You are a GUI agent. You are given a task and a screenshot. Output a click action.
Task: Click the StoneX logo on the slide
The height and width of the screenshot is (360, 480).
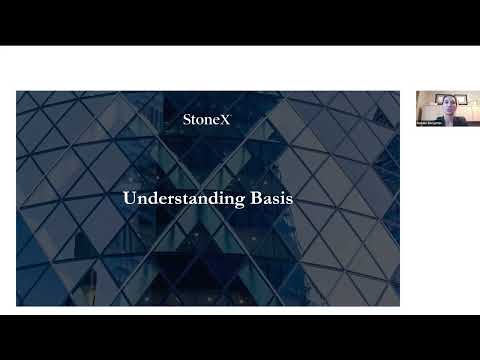tap(208, 119)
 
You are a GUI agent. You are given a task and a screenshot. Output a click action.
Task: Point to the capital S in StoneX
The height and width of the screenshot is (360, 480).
tap(187, 119)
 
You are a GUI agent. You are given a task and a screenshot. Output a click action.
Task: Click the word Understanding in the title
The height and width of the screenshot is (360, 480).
tap(180, 198)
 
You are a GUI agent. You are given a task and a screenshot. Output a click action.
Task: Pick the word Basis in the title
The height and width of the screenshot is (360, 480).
tap(268, 198)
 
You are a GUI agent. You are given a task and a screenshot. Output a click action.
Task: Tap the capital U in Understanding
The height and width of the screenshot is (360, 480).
tap(129, 198)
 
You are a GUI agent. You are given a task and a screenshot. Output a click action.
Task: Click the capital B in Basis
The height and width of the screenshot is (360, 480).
tap(250, 198)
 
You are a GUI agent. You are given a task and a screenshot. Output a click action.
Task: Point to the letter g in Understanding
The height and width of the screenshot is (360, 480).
tap(234, 200)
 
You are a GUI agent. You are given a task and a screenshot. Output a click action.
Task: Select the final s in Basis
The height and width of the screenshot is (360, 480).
tap(288, 199)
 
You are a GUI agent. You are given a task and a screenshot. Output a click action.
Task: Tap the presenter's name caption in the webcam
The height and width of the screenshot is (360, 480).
tap(432, 122)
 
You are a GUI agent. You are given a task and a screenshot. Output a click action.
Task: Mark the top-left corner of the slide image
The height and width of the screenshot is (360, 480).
tap(17, 92)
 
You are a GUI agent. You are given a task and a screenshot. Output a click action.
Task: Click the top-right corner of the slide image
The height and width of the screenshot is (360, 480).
tap(399, 92)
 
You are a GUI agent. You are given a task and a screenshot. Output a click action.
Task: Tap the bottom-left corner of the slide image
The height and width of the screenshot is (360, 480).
tap(17, 305)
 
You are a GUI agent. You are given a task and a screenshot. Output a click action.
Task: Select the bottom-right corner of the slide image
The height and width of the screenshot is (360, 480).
tap(399, 305)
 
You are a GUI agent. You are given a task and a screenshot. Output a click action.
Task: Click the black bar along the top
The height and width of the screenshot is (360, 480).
tap(240, 22)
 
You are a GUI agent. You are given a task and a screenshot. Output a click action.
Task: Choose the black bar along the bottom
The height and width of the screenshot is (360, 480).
tap(240, 337)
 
